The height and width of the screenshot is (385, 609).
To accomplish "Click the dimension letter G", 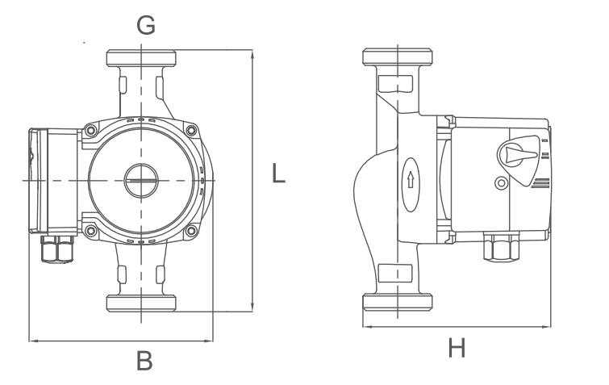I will [145, 26].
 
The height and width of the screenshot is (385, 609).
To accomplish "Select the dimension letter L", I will [278, 174].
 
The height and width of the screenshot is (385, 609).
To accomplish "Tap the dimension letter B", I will [144, 362].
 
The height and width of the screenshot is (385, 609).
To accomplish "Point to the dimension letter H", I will [457, 349].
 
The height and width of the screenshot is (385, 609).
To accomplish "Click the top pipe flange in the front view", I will [141, 59].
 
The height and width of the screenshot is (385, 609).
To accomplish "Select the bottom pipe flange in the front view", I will [141, 303].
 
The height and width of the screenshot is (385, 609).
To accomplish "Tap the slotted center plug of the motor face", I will [141, 178].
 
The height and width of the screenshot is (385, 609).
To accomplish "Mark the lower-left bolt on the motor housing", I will [91, 232].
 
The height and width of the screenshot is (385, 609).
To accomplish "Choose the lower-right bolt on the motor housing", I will [191, 232].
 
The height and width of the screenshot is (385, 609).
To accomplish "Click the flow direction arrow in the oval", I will [411, 178].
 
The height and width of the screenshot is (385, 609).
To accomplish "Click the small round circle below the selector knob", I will [501, 183].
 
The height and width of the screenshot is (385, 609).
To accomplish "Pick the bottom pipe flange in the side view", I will [398, 303].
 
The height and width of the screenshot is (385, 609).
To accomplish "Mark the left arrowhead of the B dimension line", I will [32, 341].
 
